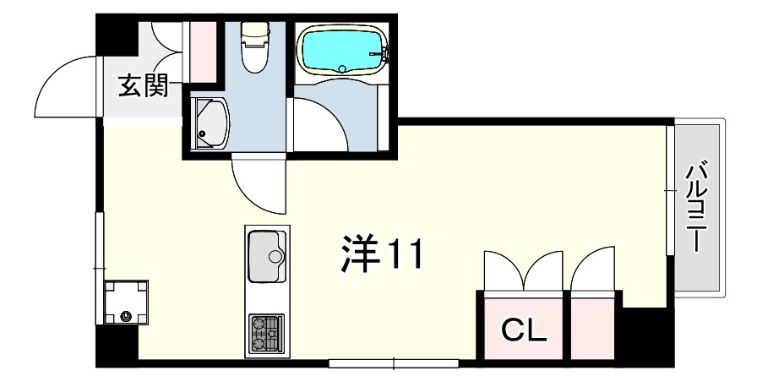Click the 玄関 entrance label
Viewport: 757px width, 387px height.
coord(144,86)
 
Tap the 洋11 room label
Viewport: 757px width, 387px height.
coord(381,253)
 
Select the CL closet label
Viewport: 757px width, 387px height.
coord(524,330)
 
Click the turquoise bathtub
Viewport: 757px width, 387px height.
coord(342,49)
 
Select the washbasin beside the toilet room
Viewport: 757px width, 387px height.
coord(210,123)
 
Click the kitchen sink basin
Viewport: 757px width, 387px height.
coord(266,256)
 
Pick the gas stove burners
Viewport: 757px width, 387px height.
coord(266,334)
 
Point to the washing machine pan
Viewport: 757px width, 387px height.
coord(127,303)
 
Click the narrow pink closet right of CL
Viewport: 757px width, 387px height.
coord(592,328)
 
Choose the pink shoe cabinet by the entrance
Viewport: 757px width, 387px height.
coord(203,52)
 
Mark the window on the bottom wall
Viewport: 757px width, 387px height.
coord(394,363)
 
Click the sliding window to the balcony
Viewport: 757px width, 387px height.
coord(670,190)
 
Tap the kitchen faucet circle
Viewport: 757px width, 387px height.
coord(275,256)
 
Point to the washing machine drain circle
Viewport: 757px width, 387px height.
coord(127,317)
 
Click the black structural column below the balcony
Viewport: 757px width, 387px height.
coord(647,335)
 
